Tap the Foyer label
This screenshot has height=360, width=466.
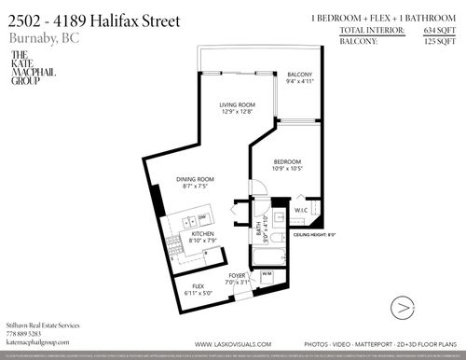[239, 279]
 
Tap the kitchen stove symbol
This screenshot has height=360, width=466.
[172, 244]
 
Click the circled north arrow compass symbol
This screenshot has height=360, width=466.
[402, 305]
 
